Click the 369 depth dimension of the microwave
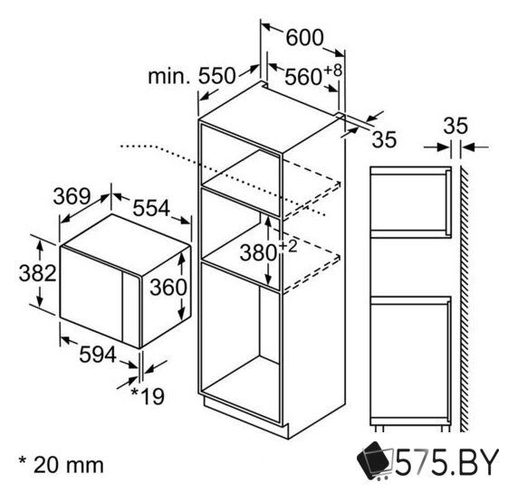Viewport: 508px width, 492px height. coord(72,195)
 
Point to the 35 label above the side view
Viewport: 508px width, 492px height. coord(455,126)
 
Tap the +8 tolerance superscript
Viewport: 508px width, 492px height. coord(335,70)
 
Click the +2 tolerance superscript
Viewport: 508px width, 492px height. coord(288,245)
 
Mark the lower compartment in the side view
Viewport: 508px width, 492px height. coord(412,357)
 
